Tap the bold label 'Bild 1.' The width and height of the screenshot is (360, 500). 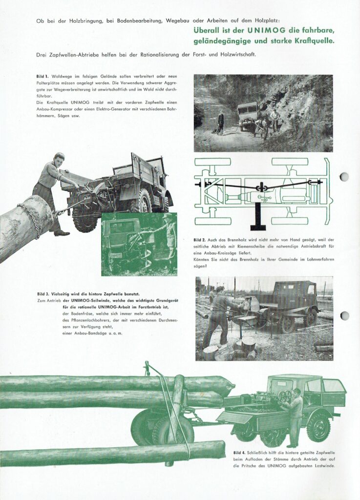coord(43,77)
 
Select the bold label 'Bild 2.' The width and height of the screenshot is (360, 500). coord(200,240)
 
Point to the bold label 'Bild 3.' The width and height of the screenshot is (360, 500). coord(44,294)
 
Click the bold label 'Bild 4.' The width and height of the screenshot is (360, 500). coord(240,453)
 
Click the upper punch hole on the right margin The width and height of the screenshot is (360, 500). coord(344,177)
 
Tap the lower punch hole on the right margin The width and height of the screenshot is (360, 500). coord(344,315)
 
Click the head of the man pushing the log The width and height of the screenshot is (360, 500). coord(60,159)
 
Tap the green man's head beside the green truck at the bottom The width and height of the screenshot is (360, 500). coord(297,392)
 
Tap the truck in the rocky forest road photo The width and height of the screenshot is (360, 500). coord(249,115)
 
